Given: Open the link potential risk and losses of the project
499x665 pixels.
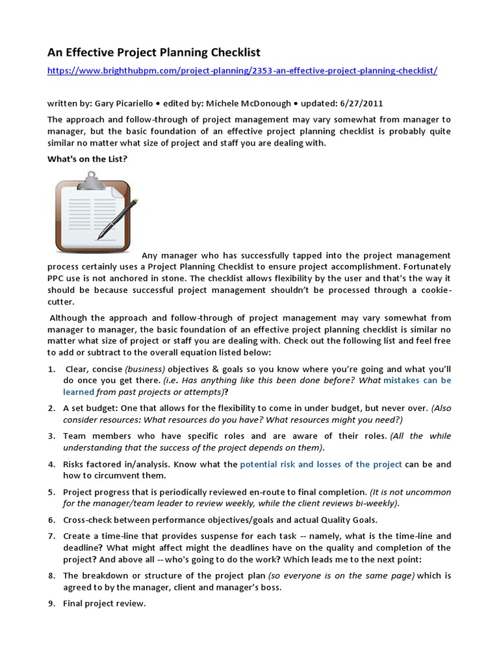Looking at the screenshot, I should pyautogui.click(x=321, y=464).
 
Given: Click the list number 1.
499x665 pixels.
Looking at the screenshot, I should pyautogui.click(x=51, y=368).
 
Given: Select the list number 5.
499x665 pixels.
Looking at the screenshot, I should pyautogui.click(x=51, y=492).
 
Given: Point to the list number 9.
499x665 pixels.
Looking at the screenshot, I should pyautogui.click(x=51, y=603).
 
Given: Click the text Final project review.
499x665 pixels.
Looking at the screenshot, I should pyautogui.click(x=105, y=603).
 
